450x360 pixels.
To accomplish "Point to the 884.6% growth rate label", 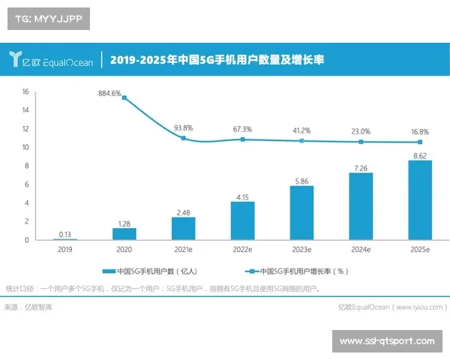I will click(x=109, y=94).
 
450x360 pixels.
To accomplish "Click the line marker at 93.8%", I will click(x=184, y=138).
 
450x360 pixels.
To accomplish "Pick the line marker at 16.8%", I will click(x=420, y=142).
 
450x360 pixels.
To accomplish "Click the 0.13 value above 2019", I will click(x=65, y=233).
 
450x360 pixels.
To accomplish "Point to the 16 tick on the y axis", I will click(x=25, y=91).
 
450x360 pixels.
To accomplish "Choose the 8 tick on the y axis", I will click(x=26, y=166).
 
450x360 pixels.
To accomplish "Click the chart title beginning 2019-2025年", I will click(x=217, y=59).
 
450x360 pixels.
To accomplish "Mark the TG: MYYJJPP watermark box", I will click(x=48, y=18).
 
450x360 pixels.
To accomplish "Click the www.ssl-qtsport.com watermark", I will click(x=386, y=341).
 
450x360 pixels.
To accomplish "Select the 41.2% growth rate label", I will click(x=301, y=130).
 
